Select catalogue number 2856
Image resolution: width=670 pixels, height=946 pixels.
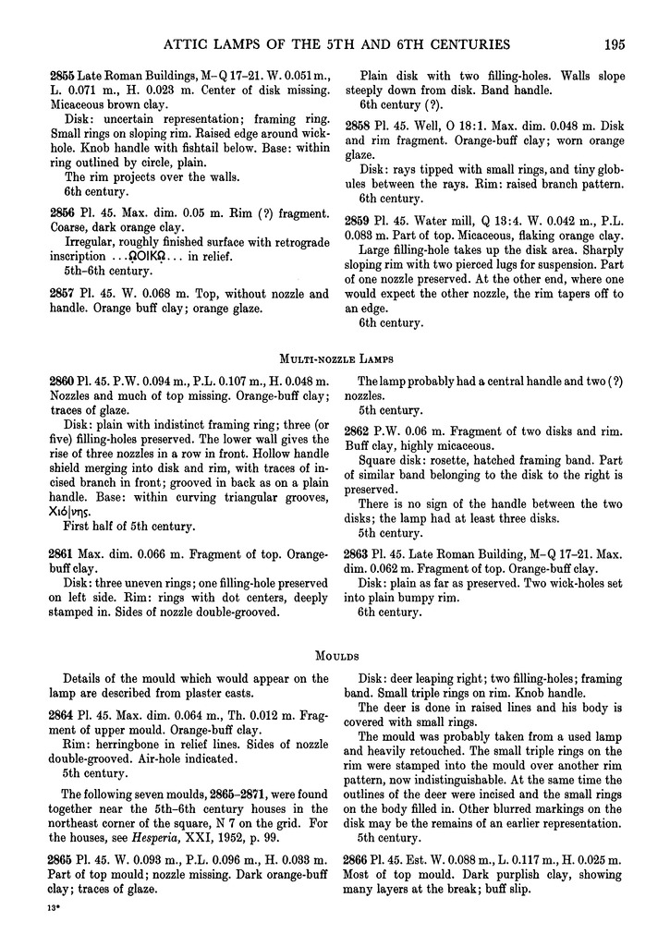point(62,212)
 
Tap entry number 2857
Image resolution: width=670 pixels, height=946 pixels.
point(62,293)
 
